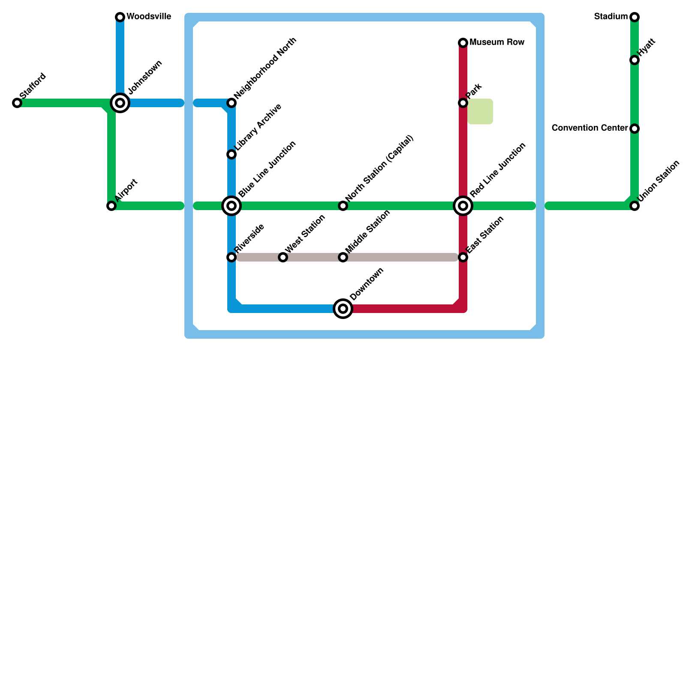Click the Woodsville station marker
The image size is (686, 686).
pos(120,17)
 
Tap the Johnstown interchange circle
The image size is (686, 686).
pos(120,103)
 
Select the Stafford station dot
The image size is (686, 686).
pos(17,103)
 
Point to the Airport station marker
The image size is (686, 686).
pos(111,206)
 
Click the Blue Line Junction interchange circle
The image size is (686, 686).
pos(232,206)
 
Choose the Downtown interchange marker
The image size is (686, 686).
pos(343,309)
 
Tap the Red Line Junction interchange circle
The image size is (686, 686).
pos(463,206)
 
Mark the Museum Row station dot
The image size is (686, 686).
pos(463,43)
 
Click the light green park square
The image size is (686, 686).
pos(480,111)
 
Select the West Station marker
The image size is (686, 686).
pos(283,257)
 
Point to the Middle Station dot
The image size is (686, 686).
pos(343,257)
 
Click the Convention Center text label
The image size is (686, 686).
pos(590,128)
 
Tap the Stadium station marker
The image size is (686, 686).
pos(635,17)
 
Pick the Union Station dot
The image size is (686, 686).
pos(635,206)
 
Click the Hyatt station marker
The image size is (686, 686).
pos(635,60)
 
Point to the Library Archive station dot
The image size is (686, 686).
pos(232,154)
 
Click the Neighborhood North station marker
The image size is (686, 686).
pos(232,103)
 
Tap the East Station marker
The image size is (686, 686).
pos(463,257)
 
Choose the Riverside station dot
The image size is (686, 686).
pos(232,257)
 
